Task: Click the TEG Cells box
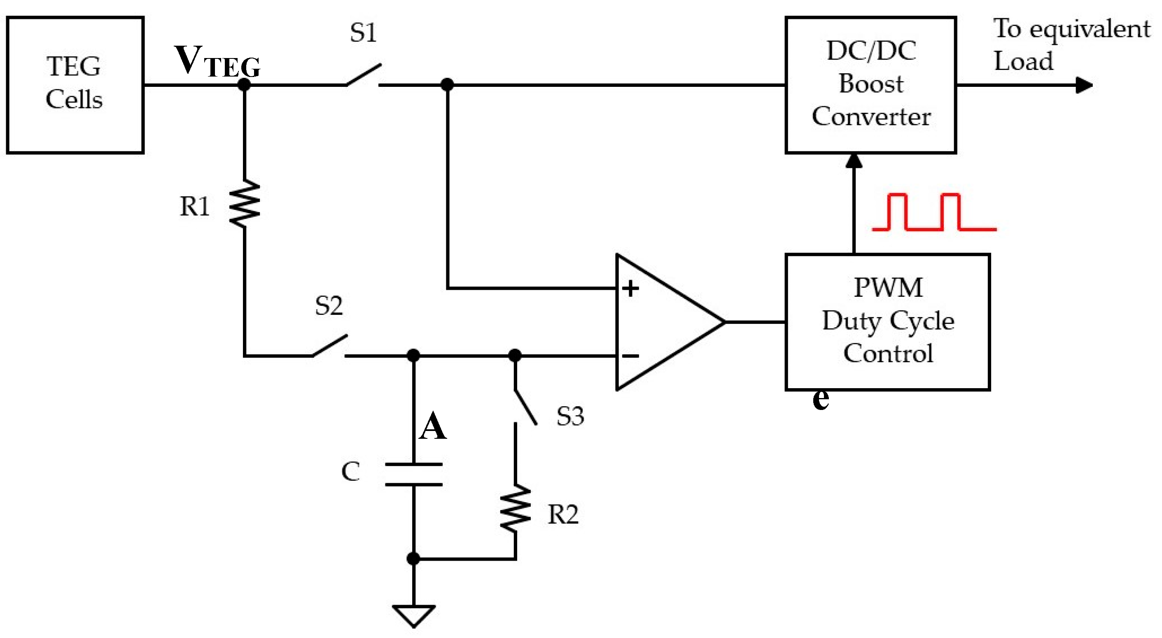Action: tap(75, 85)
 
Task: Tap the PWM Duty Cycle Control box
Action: tap(887, 321)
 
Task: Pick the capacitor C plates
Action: tap(414, 474)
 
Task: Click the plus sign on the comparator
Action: tap(630, 288)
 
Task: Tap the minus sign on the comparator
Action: tap(630, 356)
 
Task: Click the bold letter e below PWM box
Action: tap(820, 399)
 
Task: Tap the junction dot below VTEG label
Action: tap(244, 84)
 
